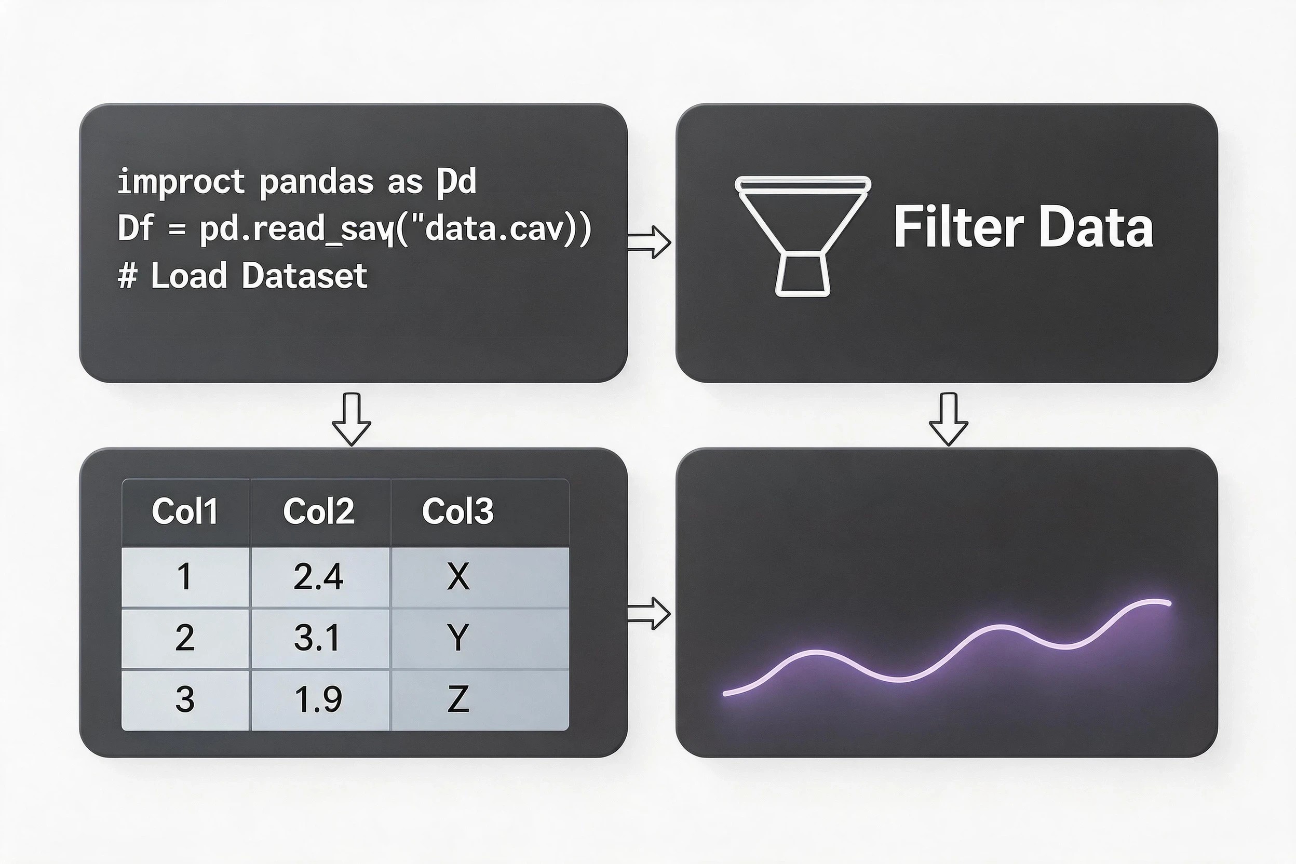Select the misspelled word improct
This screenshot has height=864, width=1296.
click(x=181, y=182)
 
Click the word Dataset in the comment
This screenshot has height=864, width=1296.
click(x=304, y=276)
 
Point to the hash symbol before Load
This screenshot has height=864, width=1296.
click(x=127, y=276)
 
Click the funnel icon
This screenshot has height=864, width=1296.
click(x=803, y=237)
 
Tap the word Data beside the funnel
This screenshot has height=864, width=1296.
click(x=1096, y=227)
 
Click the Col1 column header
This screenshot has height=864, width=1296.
click(x=185, y=512)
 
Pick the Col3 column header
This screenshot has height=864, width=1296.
click(x=458, y=512)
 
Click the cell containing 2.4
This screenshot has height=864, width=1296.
click(x=320, y=577)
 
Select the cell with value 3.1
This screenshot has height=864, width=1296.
click(x=320, y=639)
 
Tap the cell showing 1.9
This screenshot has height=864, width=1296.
click(x=320, y=700)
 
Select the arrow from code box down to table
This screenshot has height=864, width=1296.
click(x=352, y=419)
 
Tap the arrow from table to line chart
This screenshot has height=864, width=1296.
click(x=649, y=613)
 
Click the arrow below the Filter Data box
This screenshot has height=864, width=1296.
click(x=948, y=419)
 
